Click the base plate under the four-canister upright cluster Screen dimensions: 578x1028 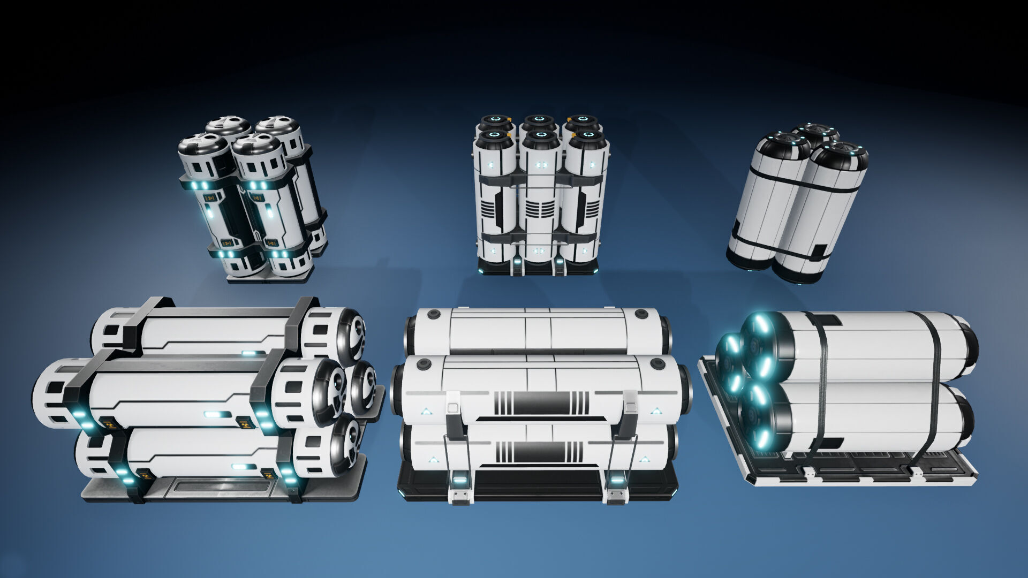point(270,277)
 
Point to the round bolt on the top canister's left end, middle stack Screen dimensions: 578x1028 point(434,315)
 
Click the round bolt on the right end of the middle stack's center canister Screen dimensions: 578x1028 point(657,364)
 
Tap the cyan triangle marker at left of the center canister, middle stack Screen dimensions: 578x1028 point(426,412)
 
